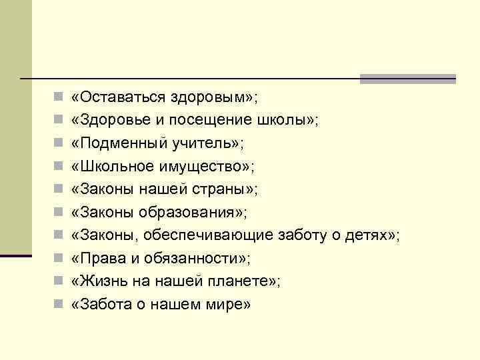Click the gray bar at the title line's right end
(407, 79)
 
